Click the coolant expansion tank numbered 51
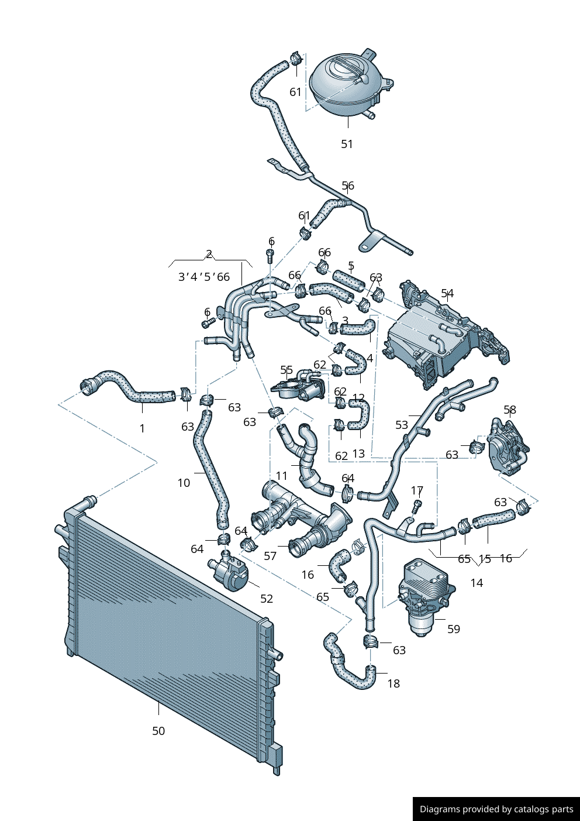345,85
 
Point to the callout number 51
347,144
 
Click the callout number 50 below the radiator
158,731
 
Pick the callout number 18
393,683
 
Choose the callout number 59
454,630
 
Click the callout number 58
510,410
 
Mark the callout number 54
447,293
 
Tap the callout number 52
267,599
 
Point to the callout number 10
184,483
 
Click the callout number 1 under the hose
142,428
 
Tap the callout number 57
270,556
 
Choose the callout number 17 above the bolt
417,490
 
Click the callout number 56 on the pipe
348,186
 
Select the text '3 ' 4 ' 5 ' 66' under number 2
204,277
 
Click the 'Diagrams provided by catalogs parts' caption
496,809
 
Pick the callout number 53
402,425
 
